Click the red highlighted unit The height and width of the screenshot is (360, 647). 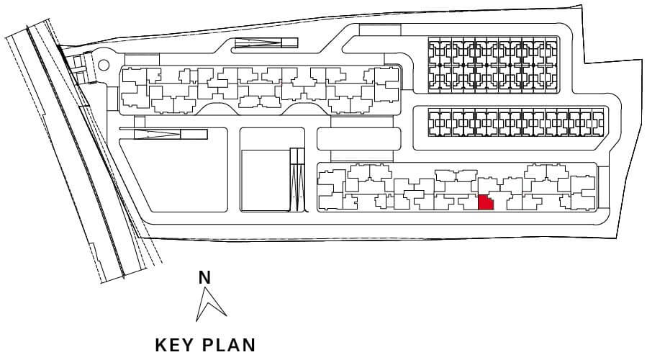(486, 202)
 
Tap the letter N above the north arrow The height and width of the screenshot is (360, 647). (204, 278)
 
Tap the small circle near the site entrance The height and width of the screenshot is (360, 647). (104, 65)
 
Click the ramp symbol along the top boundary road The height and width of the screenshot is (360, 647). (266, 42)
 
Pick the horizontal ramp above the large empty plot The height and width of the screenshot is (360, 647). (171, 134)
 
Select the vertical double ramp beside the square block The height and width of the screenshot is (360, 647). (297, 179)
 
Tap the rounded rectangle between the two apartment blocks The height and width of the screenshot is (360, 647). (358, 139)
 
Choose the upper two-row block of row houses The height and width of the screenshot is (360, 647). (494, 65)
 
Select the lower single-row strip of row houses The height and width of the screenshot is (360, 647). (516, 122)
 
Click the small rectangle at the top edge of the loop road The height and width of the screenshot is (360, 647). (380, 30)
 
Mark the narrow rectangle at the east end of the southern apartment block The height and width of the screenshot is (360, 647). (603, 186)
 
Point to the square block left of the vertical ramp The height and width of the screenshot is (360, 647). (266, 181)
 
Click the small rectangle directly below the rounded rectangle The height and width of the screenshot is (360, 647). (361, 156)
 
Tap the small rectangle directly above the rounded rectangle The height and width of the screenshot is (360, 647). (361, 122)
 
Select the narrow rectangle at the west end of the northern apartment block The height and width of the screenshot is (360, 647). (112, 98)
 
